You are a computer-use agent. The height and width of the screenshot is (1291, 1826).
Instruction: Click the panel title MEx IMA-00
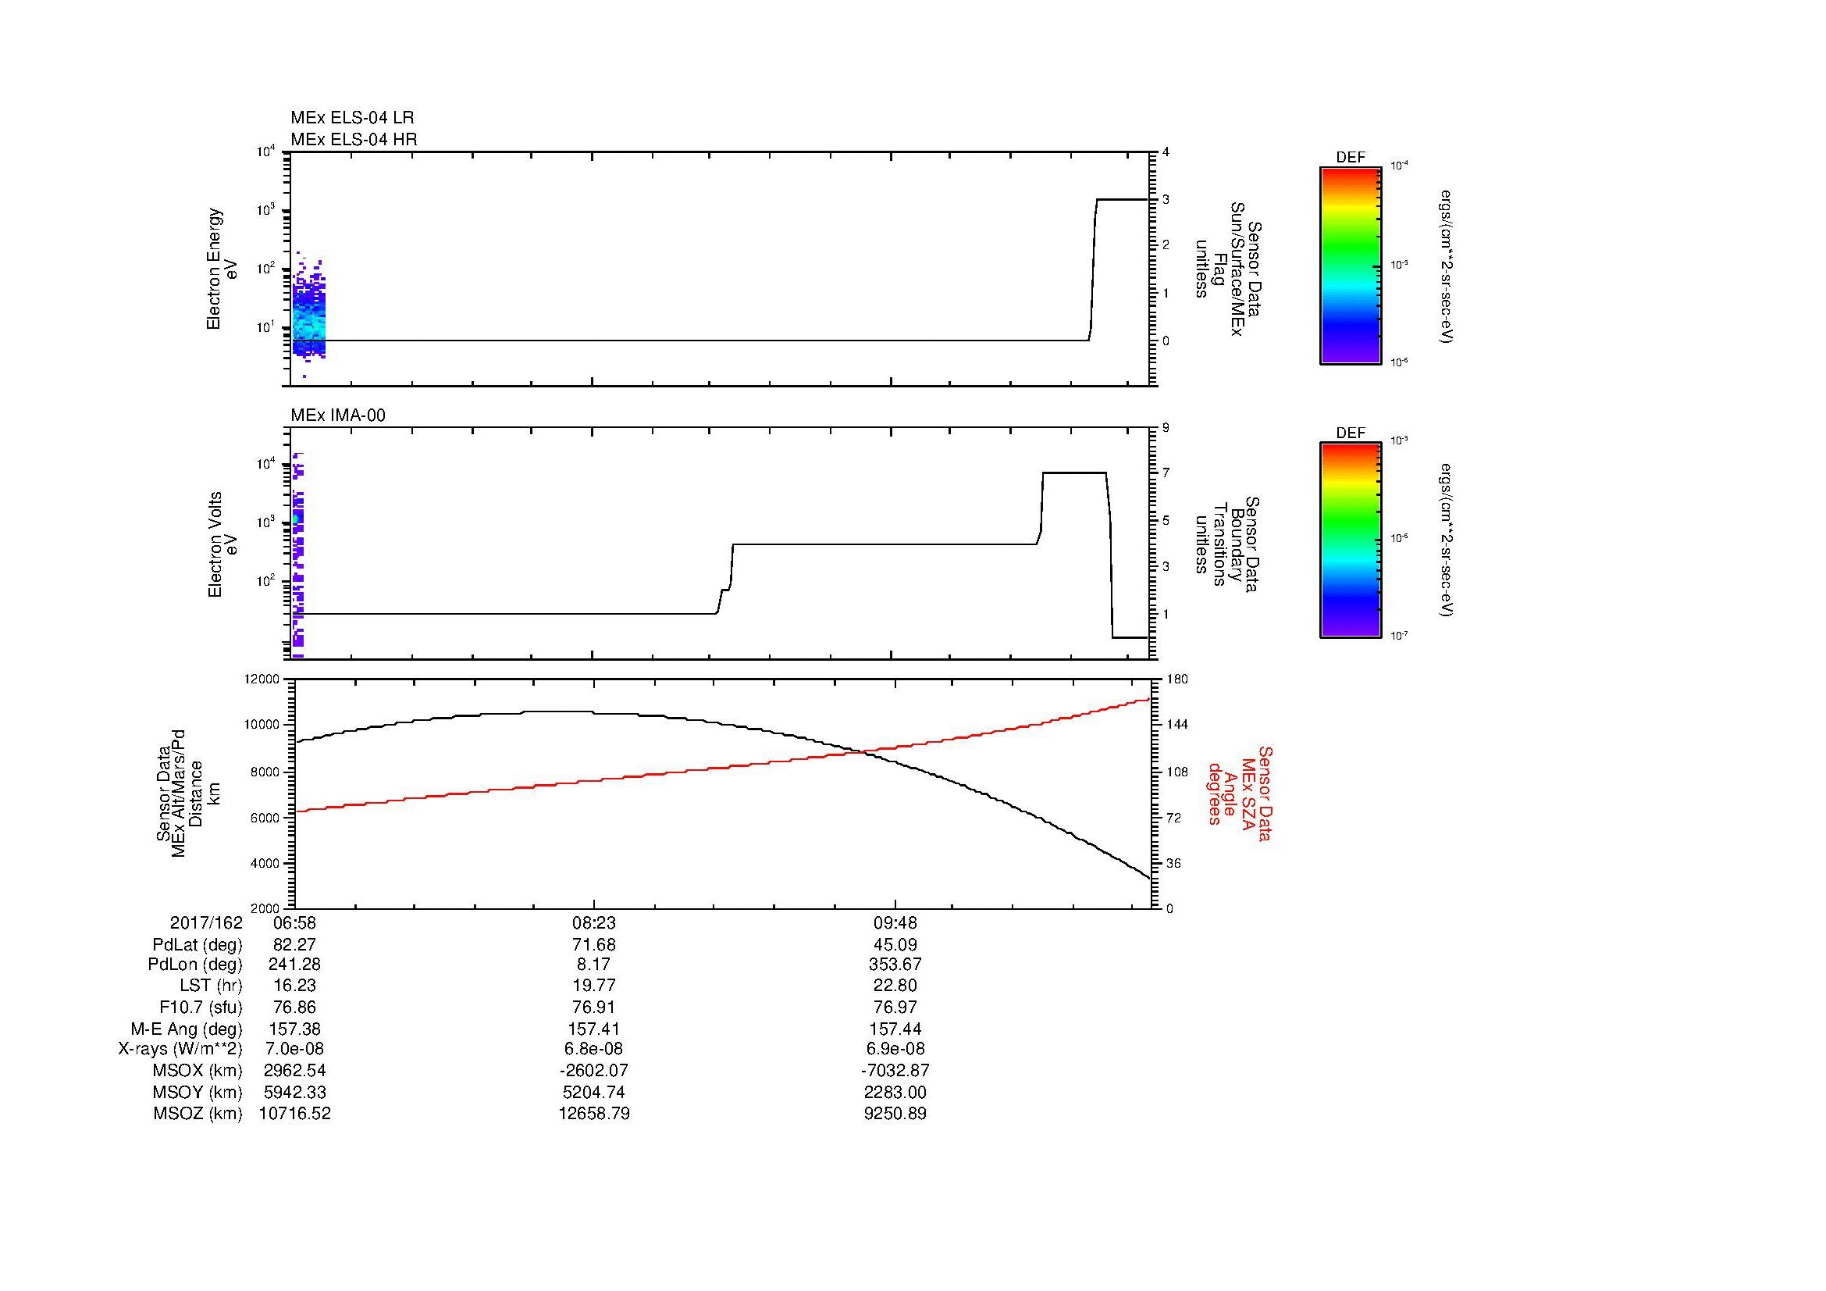337,415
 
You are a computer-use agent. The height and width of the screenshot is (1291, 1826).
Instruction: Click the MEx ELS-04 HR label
354,139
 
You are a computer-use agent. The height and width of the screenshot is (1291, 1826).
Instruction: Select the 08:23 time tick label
594,923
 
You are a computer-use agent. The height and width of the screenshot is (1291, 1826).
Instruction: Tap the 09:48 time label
895,923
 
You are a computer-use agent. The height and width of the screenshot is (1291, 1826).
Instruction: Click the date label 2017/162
205,923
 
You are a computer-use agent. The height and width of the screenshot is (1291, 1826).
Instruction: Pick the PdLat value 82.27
294,945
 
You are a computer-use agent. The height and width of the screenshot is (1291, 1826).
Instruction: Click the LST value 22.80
895,986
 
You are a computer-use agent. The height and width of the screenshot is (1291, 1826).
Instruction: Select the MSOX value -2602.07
594,1071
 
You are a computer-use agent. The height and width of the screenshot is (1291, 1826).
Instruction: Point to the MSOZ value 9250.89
895,1114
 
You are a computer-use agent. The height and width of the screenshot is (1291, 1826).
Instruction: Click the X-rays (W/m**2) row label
180,1049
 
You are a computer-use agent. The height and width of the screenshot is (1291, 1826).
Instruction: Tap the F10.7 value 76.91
594,1007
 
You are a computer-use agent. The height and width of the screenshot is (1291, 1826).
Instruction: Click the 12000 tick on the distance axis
262,679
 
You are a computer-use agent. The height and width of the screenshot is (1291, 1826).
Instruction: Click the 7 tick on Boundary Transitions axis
1166,473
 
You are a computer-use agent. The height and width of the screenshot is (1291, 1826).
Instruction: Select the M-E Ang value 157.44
895,1029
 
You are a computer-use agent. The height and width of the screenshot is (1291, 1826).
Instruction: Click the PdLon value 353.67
895,965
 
